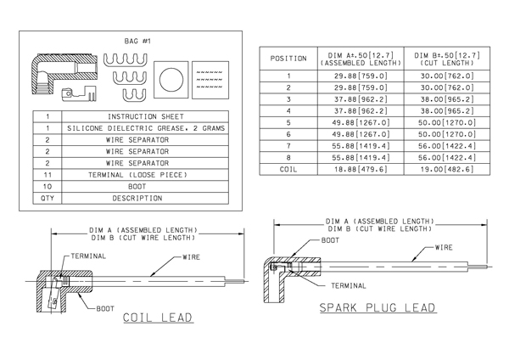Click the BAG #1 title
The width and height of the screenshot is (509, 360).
(x=137, y=42)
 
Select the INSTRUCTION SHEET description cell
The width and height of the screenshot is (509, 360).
(x=145, y=116)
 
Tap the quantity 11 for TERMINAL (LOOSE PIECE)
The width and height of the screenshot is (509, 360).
(x=48, y=175)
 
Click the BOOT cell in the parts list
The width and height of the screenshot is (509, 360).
(x=145, y=187)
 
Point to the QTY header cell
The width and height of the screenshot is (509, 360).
(x=48, y=198)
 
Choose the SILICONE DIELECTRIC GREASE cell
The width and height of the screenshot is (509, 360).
(x=145, y=128)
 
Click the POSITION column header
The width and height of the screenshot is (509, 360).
(x=288, y=59)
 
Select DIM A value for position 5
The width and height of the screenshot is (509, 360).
(x=361, y=123)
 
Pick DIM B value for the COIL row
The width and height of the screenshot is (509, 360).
(x=447, y=169)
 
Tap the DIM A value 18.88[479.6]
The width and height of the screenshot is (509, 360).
(x=361, y=169)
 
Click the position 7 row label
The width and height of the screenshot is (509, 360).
(x=288, y=146)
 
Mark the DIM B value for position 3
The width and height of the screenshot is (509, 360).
(x=447, y=99)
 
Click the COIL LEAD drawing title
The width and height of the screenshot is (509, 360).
(x=158, y=318)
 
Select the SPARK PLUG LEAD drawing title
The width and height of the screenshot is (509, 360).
(x=378, y=307)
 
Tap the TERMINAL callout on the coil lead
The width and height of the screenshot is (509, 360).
(x=88, y=256)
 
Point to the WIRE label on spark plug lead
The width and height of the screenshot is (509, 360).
(x=444, y=248)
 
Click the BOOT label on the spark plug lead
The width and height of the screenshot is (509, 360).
(x=330, y=240)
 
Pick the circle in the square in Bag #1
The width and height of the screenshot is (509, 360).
(x=171, y=80)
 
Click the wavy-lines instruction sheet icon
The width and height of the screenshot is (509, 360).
(x=210, y=80)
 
